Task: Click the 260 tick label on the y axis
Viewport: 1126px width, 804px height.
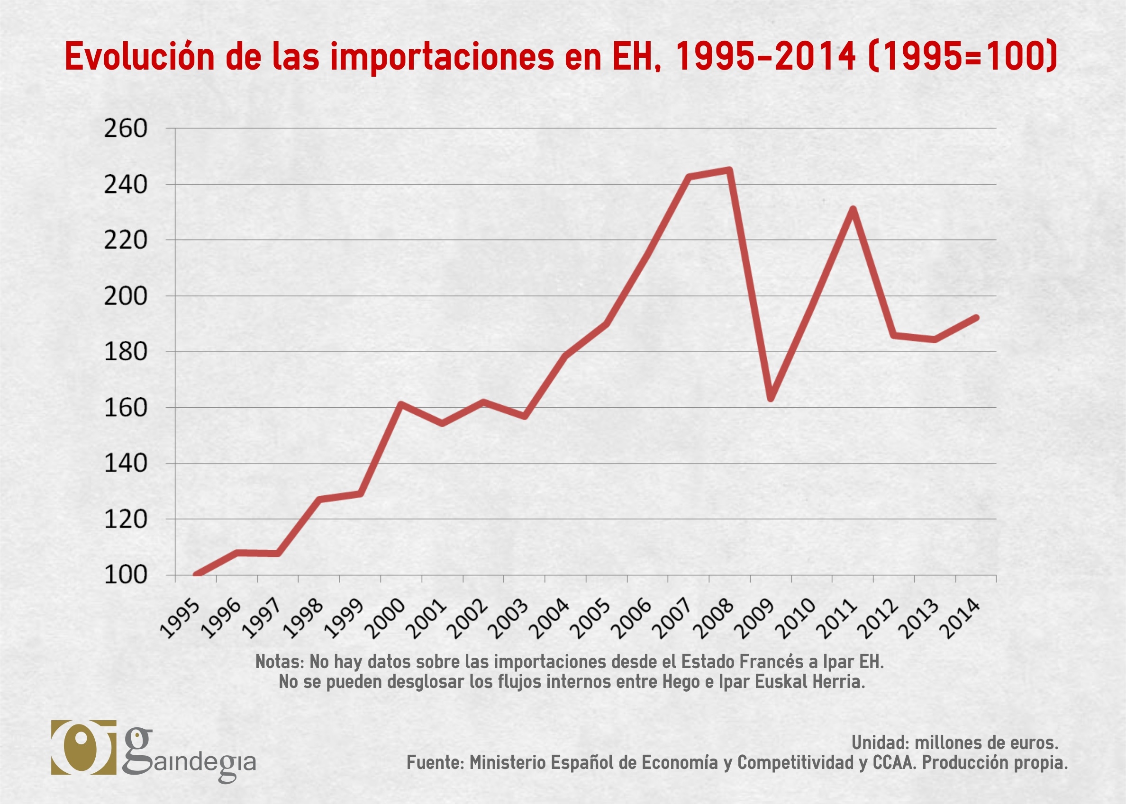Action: pos(125,129)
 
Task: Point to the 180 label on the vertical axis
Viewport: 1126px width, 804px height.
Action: pos(125,352)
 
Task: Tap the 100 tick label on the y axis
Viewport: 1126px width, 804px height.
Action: pos(125,575)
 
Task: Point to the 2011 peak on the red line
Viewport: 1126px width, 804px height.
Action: pos(853,209)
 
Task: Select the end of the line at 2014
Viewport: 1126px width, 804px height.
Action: pos(976,317)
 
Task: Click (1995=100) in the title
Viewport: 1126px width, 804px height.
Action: pos(963,56)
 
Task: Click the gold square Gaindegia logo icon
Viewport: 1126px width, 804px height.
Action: pos(83,748)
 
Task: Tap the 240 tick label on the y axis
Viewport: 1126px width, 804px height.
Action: pos(125,185)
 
